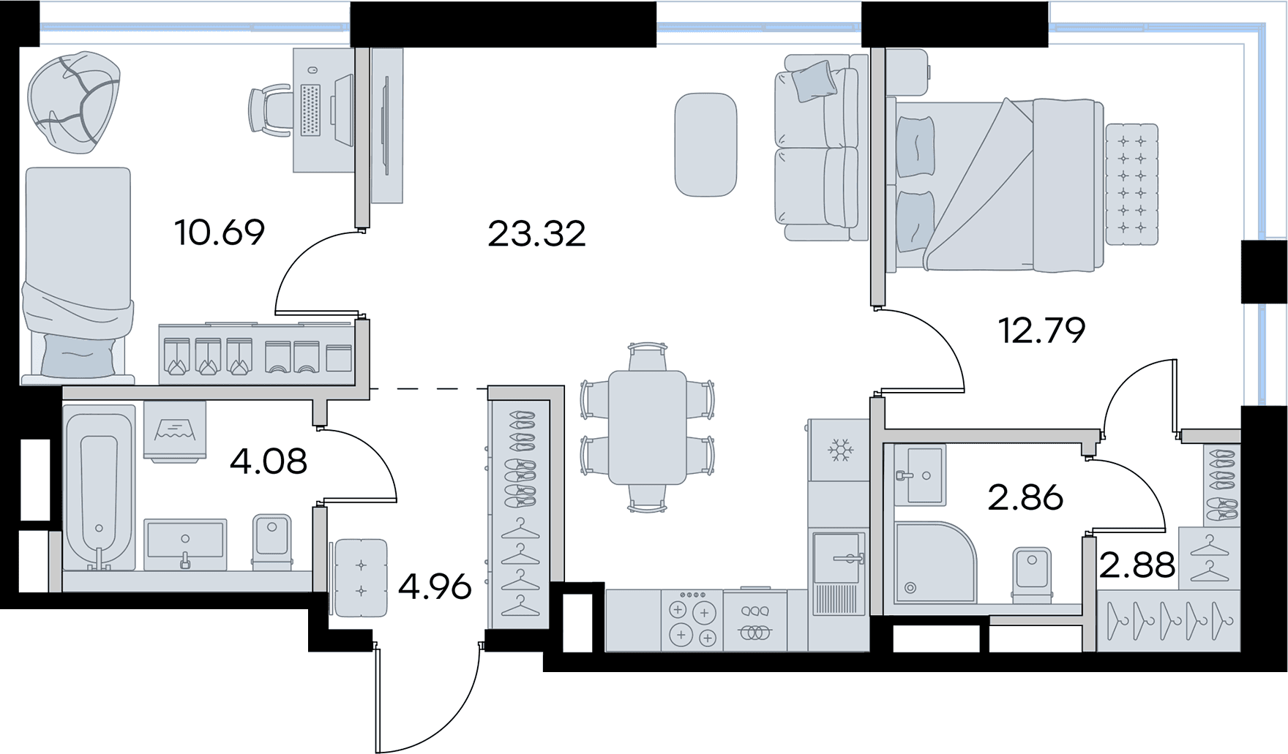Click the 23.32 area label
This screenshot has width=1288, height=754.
click(536, 234)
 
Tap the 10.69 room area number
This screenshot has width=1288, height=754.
click(220, 233)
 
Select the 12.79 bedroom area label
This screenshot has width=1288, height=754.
click(1041, 331)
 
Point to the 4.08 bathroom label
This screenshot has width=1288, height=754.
click(268, 461)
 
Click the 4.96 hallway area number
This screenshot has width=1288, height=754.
click(435, 587)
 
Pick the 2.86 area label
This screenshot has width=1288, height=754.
click(1025, 498)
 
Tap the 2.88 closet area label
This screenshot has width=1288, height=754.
click(1137, 565)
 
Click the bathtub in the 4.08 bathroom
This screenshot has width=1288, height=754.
click(99, 488)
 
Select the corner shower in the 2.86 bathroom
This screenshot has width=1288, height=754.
click(935, 562)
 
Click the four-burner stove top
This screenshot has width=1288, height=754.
click(692, 620)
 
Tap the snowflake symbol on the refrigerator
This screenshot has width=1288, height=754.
click(840, 450)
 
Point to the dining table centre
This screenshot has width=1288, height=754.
click(648, 427)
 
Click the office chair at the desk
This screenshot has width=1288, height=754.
click(271, 110)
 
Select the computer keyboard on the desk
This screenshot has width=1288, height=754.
click(310, 110)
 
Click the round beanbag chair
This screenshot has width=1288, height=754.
click(73, 102)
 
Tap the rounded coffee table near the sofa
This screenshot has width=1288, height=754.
click(705, 145)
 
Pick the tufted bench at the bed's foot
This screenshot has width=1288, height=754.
click(1131, 184)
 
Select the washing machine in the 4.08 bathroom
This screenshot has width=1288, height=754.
click(175, 431)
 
